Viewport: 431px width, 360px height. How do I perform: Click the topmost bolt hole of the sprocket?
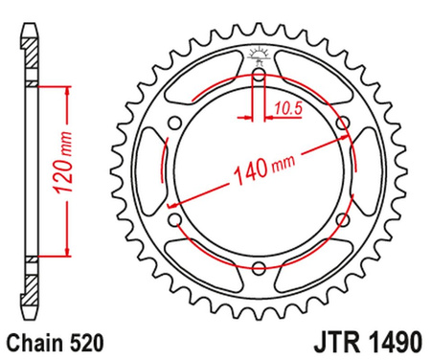point(260,72)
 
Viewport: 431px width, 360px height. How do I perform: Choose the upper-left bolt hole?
point(172,123)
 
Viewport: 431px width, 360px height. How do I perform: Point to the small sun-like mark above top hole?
point(260,53)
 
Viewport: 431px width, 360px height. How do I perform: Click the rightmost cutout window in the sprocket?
point(373,173)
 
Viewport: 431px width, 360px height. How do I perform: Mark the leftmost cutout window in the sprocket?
point(146,173)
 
